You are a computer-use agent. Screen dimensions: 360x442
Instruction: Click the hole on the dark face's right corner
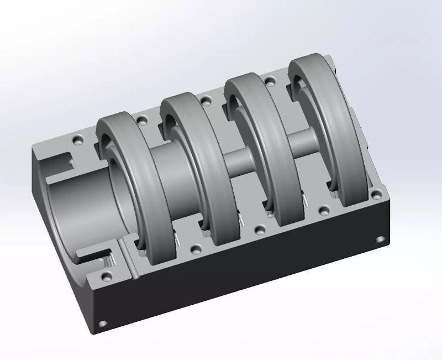pos(380,239)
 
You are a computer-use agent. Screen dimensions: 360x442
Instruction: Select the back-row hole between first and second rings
pos(143,119)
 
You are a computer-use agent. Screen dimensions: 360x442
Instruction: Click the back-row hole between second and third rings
pos(205,100)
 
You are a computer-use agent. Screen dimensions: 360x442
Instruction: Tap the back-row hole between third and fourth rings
pos(270,81)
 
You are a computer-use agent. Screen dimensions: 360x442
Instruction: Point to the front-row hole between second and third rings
pos(258,229)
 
